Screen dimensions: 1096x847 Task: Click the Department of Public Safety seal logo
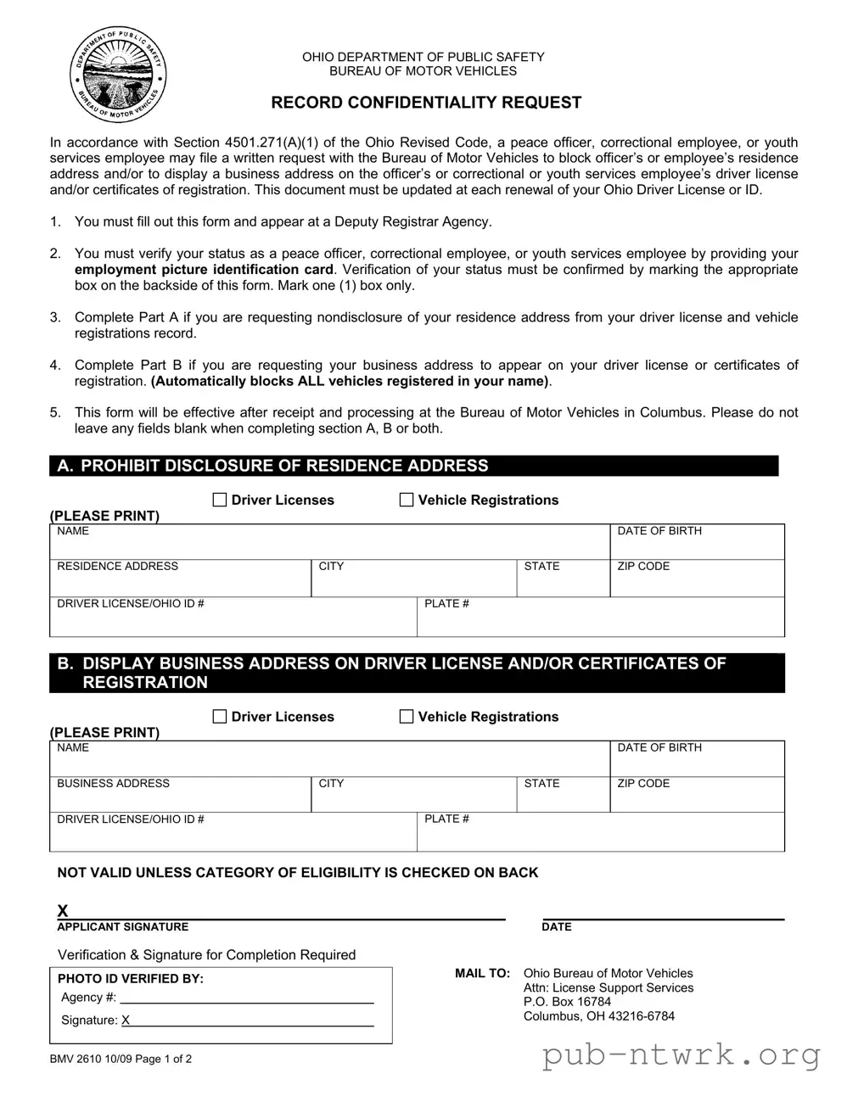coord(117,75)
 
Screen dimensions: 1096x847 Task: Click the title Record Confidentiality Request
coord(426,103)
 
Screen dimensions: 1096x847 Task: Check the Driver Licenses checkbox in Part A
coord(220,500)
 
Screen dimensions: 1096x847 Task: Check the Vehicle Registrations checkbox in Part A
coord(407,500)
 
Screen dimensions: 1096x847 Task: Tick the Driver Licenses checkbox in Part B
coord(220,717)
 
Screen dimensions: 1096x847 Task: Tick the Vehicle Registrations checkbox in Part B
coord(407,717)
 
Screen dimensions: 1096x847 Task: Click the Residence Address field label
coord(117,566)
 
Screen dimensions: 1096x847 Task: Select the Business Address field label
coord(113,783)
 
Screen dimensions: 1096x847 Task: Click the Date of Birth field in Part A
coord(696,543)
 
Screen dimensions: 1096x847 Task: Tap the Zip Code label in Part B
coord(643,783)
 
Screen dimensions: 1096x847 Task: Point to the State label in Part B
coord(541,783)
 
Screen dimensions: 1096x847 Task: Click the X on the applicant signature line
coord(63,911)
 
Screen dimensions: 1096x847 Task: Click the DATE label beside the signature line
coord(557,927)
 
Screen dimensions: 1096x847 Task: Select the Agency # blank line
coord(246,998)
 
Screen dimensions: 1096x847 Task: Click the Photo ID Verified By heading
coord(131,978)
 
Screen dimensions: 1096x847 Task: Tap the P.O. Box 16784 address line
coord(567,1002)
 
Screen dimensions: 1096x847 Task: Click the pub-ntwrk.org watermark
coord(681,1054)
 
